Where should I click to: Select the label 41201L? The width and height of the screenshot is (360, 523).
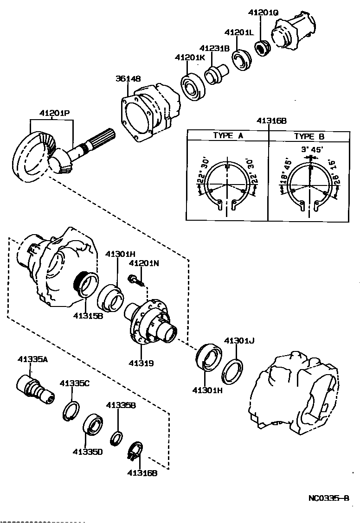coord(239,33)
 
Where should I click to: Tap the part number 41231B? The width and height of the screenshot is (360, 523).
coord(215,48)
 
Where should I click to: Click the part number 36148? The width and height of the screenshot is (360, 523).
coord(128,78)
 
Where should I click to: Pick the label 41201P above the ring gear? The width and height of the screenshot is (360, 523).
coord(54,113)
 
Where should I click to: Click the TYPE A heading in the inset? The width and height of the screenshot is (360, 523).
coord(228,136)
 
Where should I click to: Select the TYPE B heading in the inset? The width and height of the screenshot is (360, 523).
coord(309,136)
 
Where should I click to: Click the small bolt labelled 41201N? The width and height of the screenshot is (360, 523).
coord(136,280)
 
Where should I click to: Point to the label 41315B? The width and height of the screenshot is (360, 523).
coord(88,316)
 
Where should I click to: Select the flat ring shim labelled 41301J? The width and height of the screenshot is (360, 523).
coord(232,371)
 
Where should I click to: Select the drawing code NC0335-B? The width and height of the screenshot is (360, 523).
coord(328,499)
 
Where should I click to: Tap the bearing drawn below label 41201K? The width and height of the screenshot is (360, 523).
coord(193,87)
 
